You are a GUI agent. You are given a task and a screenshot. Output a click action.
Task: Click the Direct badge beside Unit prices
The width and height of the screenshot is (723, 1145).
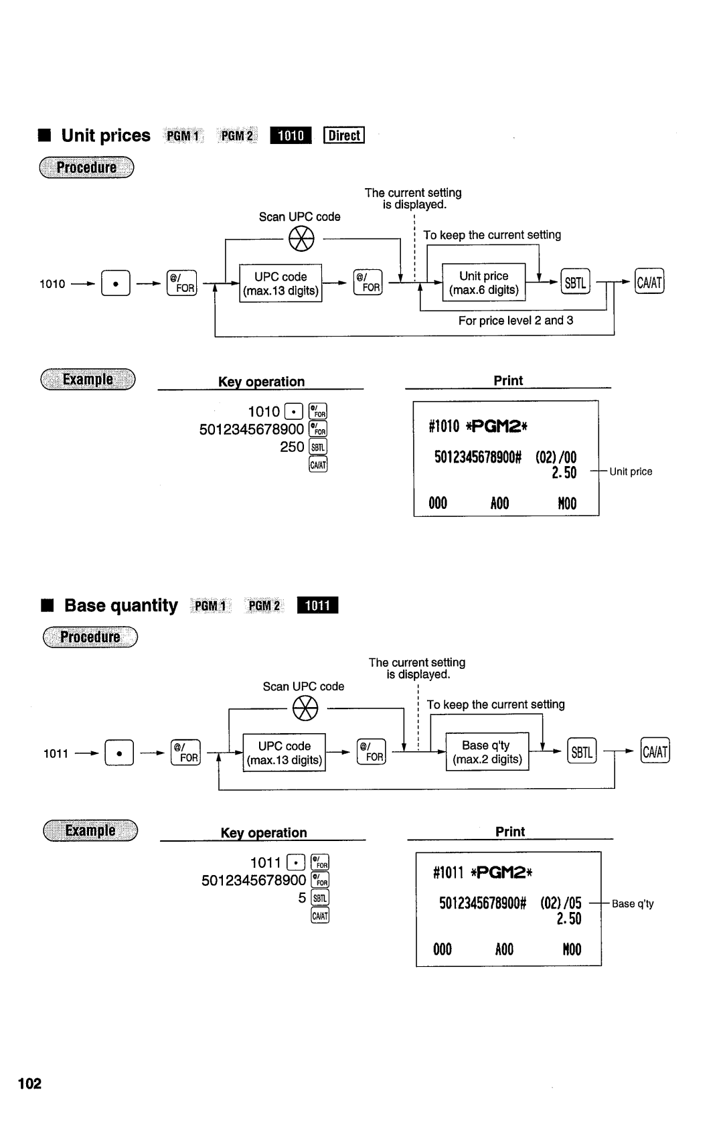[x=343, y=135]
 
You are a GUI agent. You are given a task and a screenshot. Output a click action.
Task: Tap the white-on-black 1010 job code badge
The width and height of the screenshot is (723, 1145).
[x=291, y=135]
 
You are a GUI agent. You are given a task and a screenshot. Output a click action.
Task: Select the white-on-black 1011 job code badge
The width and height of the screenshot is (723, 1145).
[x=318, y=605]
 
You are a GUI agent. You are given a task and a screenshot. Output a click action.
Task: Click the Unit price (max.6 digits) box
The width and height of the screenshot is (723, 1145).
[x=484, y=283]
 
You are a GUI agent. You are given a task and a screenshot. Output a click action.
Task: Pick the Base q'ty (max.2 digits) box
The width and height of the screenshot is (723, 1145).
[x=487, y=753]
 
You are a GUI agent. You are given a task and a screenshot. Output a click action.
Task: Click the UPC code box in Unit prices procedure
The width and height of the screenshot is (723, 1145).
[x=280, y=283]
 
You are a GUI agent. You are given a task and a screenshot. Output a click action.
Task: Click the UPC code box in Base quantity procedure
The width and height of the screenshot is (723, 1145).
[x=284, y=753]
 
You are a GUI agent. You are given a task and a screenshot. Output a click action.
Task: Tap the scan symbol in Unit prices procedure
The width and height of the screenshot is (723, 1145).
[x=301, y=238]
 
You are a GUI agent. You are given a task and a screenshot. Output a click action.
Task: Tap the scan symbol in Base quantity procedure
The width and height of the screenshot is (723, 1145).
[x=305, y=708]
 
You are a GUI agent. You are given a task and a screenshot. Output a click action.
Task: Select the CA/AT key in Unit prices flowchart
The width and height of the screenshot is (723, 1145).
[x=649, y=283]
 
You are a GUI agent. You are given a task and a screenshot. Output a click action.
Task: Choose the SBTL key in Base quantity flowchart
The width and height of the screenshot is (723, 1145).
[x=581, y=752]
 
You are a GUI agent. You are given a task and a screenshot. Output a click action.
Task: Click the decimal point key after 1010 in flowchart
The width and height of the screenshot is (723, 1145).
[x=116, y=284]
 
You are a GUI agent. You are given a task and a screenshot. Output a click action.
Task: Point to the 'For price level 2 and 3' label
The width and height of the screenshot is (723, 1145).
[x=515, y=321]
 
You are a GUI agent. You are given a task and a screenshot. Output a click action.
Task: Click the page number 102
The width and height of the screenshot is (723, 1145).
[x=30, y=1083]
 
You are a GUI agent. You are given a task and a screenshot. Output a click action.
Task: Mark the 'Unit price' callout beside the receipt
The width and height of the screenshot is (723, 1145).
[x=631, y=472]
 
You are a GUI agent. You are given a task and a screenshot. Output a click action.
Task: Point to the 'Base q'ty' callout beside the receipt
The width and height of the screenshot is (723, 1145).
[x=633, y=904]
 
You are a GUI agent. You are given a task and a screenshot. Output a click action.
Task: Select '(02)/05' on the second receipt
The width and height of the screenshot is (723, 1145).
[x=561, y=903]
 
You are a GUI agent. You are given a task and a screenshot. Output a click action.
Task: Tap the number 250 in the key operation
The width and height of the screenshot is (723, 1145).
[x=292, y=447]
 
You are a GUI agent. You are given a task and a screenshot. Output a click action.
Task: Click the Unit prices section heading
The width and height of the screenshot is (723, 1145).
[x=106, y=136]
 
